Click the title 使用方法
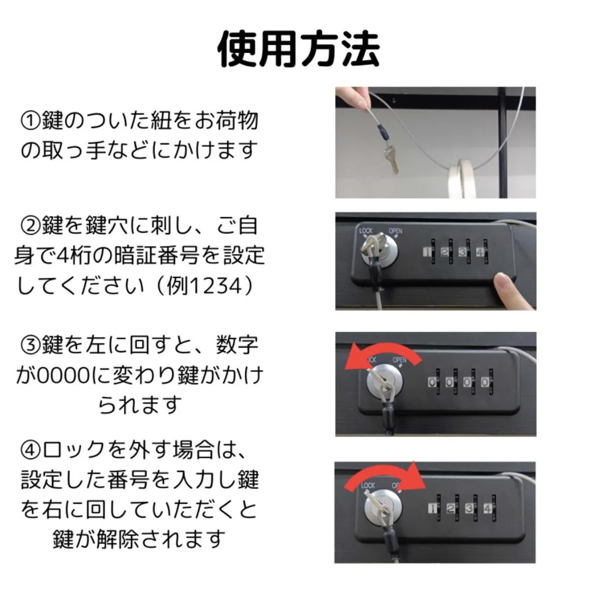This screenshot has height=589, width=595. click(298, 49)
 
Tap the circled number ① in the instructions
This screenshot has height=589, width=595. click(30, 121)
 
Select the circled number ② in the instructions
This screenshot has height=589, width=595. click(30, 226)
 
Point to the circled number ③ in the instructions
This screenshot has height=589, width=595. click(30, 345)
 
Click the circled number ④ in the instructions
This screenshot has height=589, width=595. click(30, 450)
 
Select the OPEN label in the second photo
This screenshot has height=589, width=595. click(395, 231)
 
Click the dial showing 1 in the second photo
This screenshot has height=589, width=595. click(427, 252)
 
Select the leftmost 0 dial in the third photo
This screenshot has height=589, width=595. click(432, 382)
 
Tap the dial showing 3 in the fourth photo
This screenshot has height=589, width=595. click(469, 509)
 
